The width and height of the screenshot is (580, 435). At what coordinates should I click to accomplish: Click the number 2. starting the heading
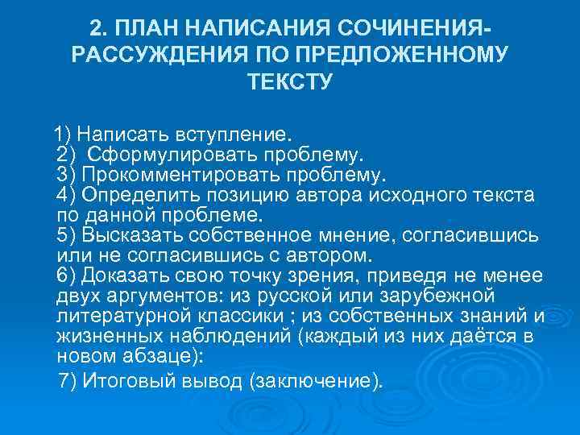coord(100,30)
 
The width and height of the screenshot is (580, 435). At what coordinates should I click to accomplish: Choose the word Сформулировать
coord(155,153)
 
